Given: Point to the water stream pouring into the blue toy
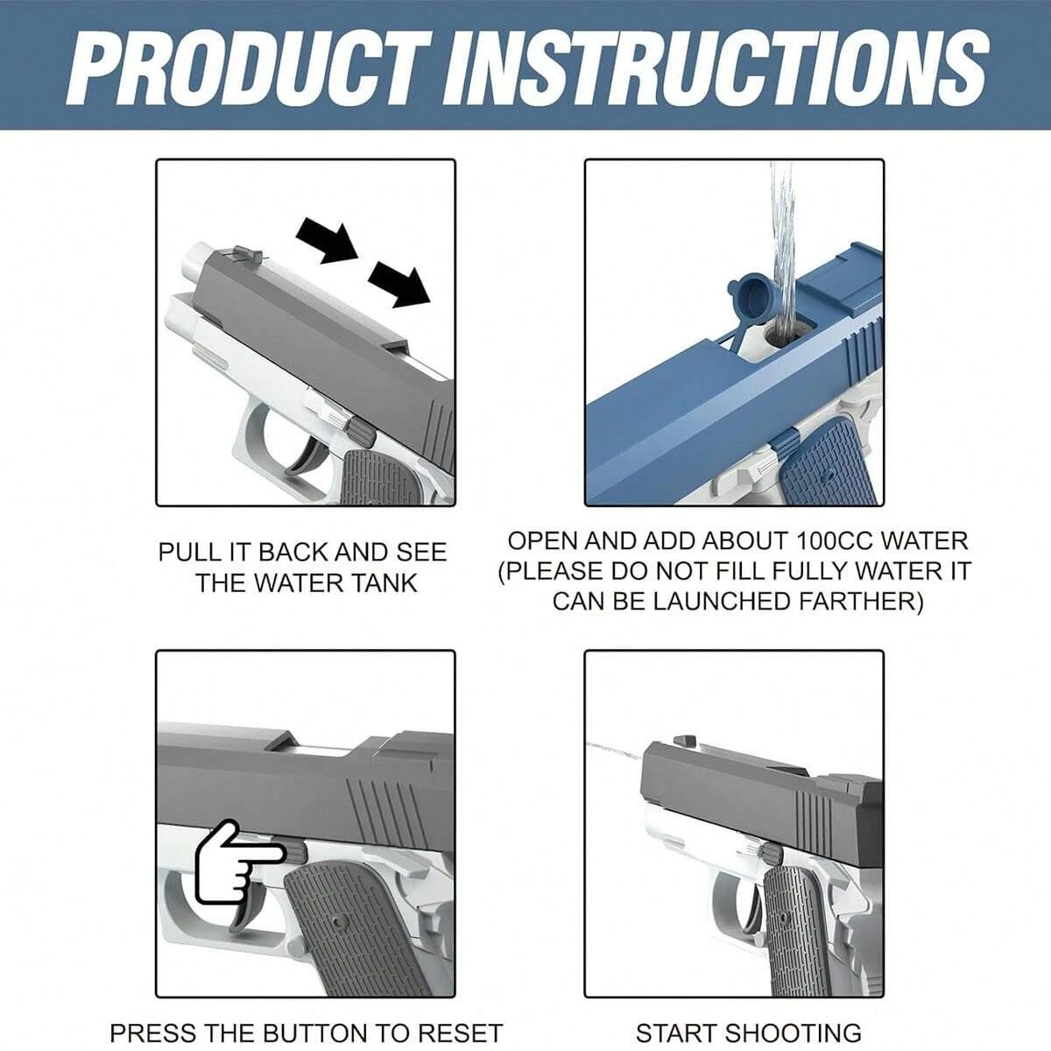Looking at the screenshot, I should click(781, 245).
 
